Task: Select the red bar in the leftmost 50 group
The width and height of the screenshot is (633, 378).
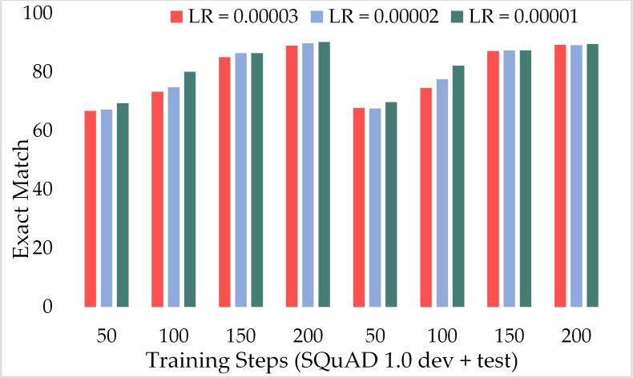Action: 91,209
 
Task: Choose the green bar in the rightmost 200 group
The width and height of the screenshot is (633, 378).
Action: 593,175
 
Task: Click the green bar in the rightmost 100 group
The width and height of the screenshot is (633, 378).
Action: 458,187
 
